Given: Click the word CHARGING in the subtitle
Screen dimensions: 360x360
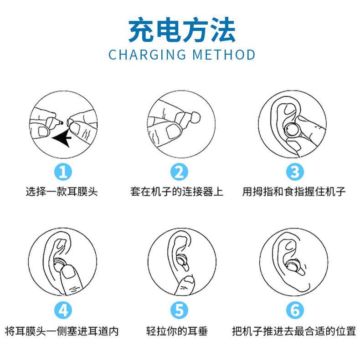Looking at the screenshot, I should pos(147,55).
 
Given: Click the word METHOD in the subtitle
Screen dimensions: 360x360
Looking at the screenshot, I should pos(223,55).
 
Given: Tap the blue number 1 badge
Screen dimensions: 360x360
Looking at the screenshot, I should pos(63,172).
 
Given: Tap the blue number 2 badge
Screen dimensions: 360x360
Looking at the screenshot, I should pos(179,172).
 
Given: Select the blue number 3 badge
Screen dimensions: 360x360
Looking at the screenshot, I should pos(295,172).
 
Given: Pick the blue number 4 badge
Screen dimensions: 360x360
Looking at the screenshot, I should pos(63,310).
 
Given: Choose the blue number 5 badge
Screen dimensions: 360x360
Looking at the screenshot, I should pos(179,310).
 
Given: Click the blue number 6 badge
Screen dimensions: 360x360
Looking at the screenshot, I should pos(295,310).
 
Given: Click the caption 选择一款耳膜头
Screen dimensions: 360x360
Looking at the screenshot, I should pos(62,192).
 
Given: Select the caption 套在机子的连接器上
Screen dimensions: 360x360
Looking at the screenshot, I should pos(177,192).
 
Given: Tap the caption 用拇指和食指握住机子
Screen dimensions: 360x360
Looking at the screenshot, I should pos(294,192).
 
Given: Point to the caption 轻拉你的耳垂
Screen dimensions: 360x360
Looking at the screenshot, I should pos(177,331).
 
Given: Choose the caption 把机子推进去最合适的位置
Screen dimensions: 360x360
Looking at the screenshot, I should pos(294,331).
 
